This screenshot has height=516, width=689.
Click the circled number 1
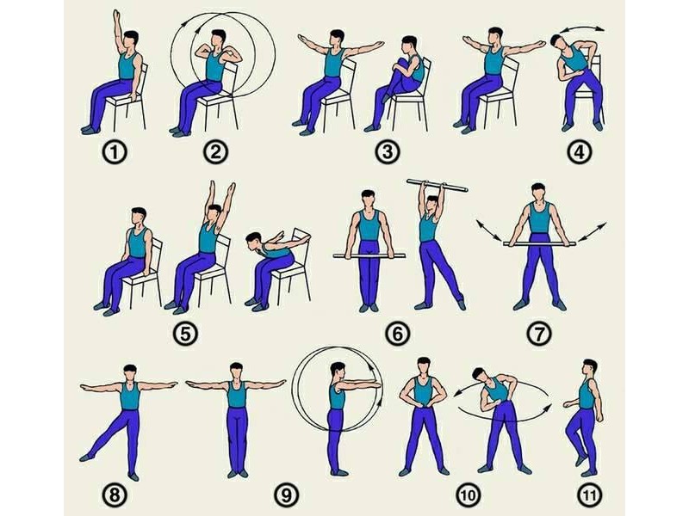coord(115,153)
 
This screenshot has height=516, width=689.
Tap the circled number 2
coord(216,152)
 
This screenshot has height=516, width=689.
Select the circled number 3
coord(387,152)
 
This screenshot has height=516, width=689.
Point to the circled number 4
coord(580,152)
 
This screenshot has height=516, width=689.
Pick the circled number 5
coord(185,334)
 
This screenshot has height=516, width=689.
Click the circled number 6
coord(397,334)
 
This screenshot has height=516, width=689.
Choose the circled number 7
coord(539,334)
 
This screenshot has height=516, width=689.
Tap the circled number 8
coord(115,495)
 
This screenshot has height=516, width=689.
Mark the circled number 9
coord(286,495)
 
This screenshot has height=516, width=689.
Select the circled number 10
coord(468,495)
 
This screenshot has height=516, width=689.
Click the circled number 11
coord(589,495)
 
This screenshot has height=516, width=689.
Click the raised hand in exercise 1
coord(116,15)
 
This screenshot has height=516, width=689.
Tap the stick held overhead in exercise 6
coord(438,186)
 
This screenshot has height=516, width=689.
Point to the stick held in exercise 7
coord(539,243)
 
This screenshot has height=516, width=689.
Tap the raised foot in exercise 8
coord(86,458)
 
